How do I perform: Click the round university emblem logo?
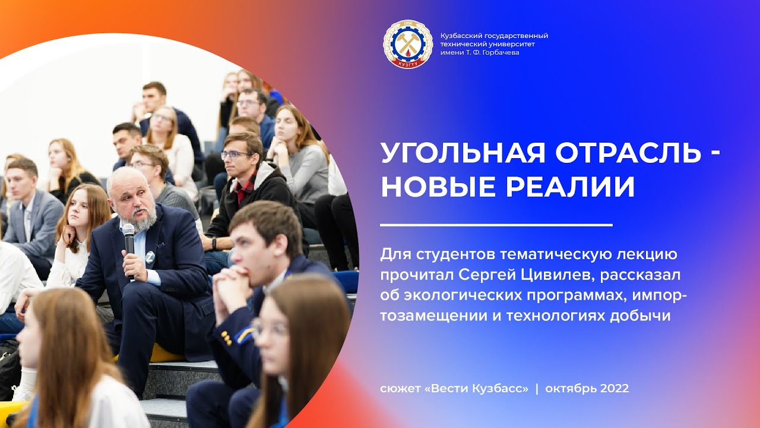(408, 44)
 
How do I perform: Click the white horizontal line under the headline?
(496, 225)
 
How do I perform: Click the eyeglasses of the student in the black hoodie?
(236, 155)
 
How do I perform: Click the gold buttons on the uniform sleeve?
(226, 336)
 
